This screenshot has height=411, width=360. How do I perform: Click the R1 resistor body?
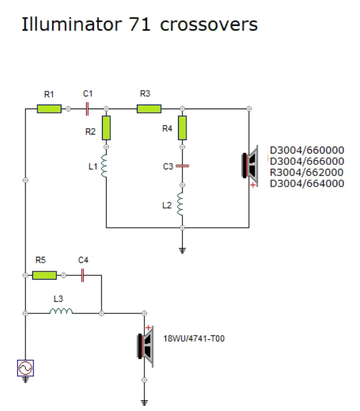[49, 109]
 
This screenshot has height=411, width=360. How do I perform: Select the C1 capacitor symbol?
[87, 109]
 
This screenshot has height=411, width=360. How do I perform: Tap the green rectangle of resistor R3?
[149, 109]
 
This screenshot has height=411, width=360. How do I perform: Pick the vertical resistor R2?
[106, 127]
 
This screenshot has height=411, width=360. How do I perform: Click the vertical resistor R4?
[183, 127]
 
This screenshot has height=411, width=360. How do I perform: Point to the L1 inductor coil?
[105, 166]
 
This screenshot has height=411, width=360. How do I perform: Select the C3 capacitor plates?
[183, 166]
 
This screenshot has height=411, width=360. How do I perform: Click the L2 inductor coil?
[180, 204]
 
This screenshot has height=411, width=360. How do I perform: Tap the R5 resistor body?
[44, 275]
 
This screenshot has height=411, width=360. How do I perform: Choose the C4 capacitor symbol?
[82, 275]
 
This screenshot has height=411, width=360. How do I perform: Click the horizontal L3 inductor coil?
[61, 311]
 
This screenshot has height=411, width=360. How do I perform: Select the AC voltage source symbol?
[25, 368]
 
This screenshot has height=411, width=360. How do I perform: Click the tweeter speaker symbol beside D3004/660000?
[250, 166]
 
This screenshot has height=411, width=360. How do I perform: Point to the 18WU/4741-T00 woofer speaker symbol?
[145, 346]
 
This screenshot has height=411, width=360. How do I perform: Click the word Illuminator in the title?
[72, 24]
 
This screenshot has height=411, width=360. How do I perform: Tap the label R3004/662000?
[307, 173]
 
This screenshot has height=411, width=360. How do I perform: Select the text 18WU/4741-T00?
[194, 339]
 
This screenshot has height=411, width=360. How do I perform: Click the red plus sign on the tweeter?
[253, 185]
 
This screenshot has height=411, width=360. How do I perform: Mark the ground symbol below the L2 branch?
[183, 251]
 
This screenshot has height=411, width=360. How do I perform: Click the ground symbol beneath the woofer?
[145, 403]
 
